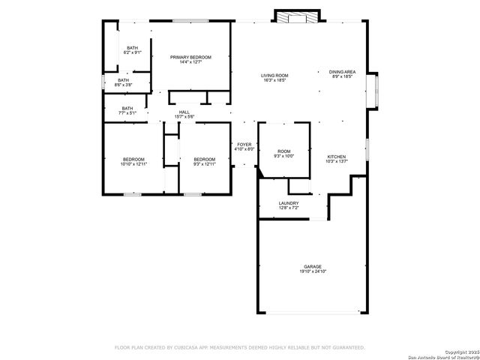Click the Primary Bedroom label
[190, 57]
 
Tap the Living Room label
[274, 75]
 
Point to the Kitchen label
[335, 157]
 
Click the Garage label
[313, 266]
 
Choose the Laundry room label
[289, 203]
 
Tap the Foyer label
[245, 144]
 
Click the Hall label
[184, 112]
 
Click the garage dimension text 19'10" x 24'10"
[313, 271]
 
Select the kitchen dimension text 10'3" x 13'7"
[335, 162]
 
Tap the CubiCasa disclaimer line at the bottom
[239, 347]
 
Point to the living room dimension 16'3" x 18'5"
[274, 80]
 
